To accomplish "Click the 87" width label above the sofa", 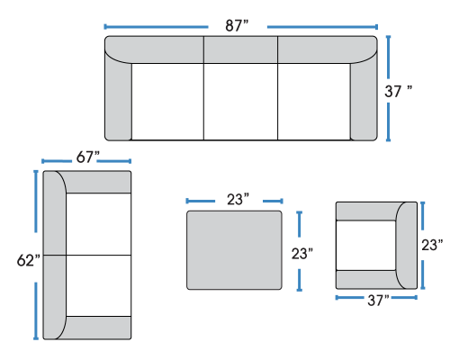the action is point(237,26).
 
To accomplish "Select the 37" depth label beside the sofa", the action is point(399,91).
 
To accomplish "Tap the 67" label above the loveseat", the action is point(87,157).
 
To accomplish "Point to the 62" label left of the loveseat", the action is point(29,260).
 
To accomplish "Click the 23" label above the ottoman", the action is point(238,200).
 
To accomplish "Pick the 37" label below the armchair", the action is point(378,301).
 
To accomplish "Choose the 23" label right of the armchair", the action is point(432,245).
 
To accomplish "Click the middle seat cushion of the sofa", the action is point(240,102).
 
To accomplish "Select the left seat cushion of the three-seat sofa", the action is point(167,102).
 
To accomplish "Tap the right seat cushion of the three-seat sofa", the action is point(314,102).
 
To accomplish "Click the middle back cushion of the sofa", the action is point(240,49).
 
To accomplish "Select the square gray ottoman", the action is point(234,250).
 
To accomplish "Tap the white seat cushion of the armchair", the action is point(365,246).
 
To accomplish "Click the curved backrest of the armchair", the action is point(407,246).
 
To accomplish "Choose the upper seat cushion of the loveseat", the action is point(98,224).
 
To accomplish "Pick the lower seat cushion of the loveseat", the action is point(98,285).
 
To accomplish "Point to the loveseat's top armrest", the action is point(96,182).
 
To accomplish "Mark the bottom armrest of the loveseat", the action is point(96,328).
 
